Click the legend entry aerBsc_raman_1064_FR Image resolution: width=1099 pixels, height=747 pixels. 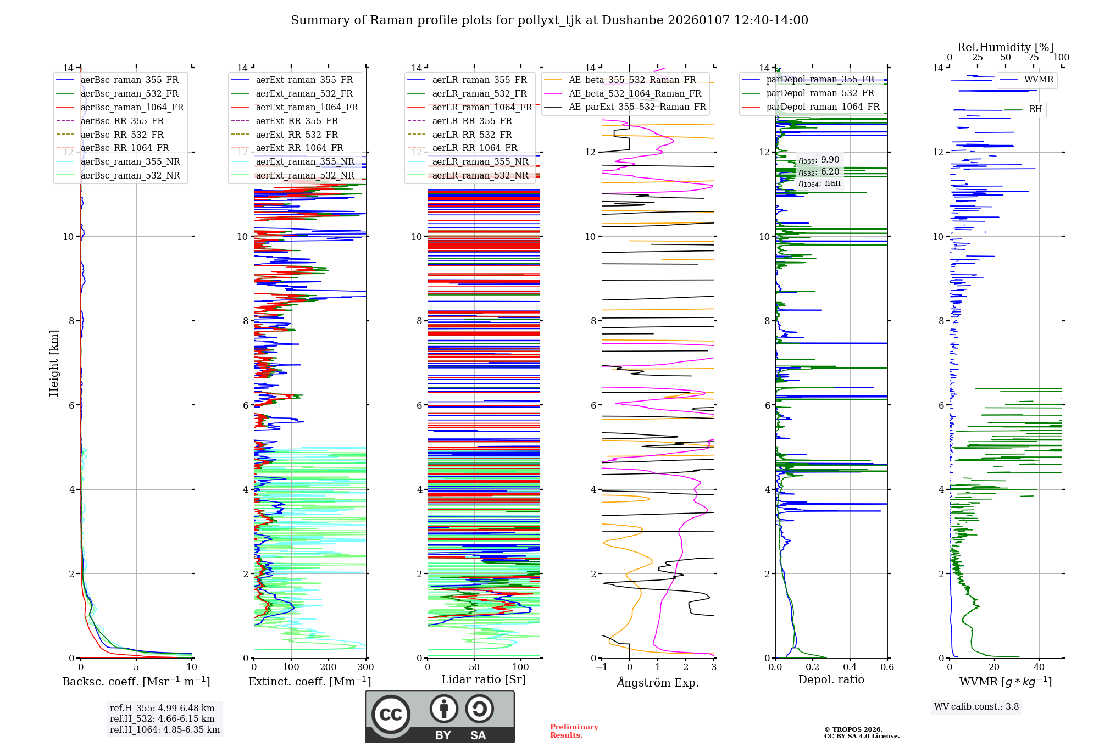[x=132, y=107]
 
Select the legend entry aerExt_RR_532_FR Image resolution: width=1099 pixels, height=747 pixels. [x=297, y=135]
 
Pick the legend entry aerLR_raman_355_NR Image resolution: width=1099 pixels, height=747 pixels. [x=480, y=161]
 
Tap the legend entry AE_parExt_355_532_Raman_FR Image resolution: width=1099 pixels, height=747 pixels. [x=637, y=107]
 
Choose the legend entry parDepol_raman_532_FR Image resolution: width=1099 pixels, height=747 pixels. [x=820, y=93]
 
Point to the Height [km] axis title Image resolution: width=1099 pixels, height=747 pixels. [x=54, y=363]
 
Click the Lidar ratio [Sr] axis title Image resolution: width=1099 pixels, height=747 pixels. [x=484, y=679]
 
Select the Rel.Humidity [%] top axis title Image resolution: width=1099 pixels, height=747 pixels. [x=1005, y=47]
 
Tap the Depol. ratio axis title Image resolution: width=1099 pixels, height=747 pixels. [x=831, y=679]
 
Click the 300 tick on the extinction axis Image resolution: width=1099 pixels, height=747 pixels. [x=365, y=667]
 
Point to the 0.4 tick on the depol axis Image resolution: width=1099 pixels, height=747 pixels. [x=850, y=667]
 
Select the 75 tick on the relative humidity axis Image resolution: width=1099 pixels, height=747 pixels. [x=1034, y=57]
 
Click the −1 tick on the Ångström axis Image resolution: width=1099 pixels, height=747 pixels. [x=602, y=667]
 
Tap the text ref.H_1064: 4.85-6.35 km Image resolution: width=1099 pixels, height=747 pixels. [x=165, y=729]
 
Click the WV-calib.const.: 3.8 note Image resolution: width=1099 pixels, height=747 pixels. [x=976, y=706]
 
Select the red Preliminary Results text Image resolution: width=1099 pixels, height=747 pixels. [x=574, y=731]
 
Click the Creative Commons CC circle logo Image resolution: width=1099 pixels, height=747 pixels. [x=391, y=714]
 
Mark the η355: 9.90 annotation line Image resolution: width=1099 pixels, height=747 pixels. [x=819, y=160]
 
